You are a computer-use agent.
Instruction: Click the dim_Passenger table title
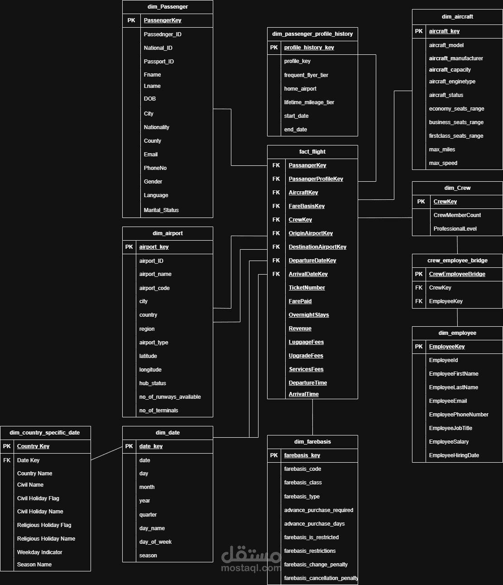click(x=168, y=7)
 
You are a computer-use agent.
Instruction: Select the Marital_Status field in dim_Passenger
click(x=161, y=210)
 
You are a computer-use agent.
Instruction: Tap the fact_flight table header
click(x=312, y=152)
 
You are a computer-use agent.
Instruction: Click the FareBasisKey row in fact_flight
click(x=307, y=206)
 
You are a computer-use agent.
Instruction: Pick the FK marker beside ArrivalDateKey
click(x=276, y=274)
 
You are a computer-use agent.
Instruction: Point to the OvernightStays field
click(x=309, y=315)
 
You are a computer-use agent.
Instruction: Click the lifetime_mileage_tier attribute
click(x=309, y=102)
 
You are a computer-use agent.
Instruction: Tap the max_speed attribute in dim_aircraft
click(x=443, y=163)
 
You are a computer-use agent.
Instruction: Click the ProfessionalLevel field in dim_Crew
click(x=455, y=229)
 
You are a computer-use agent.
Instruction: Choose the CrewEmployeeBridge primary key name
click(x=457, y=274)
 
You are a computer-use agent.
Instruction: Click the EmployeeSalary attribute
click(x=449, y=441)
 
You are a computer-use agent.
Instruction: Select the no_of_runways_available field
click(x=170, y=397)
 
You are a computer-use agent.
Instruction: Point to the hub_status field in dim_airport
click(x=153, y=383)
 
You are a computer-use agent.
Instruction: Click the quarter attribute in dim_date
click(x=148, y=514)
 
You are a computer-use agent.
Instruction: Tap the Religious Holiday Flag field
click(x=44, y=525)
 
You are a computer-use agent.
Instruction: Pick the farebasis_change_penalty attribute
click(x=316, y=564)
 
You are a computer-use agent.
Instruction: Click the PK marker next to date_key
click(x=129, y=446)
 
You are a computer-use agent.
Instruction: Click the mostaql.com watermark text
click(x=251, y=568)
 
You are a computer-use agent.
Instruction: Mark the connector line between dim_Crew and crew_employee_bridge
click(x=457, y=245)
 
